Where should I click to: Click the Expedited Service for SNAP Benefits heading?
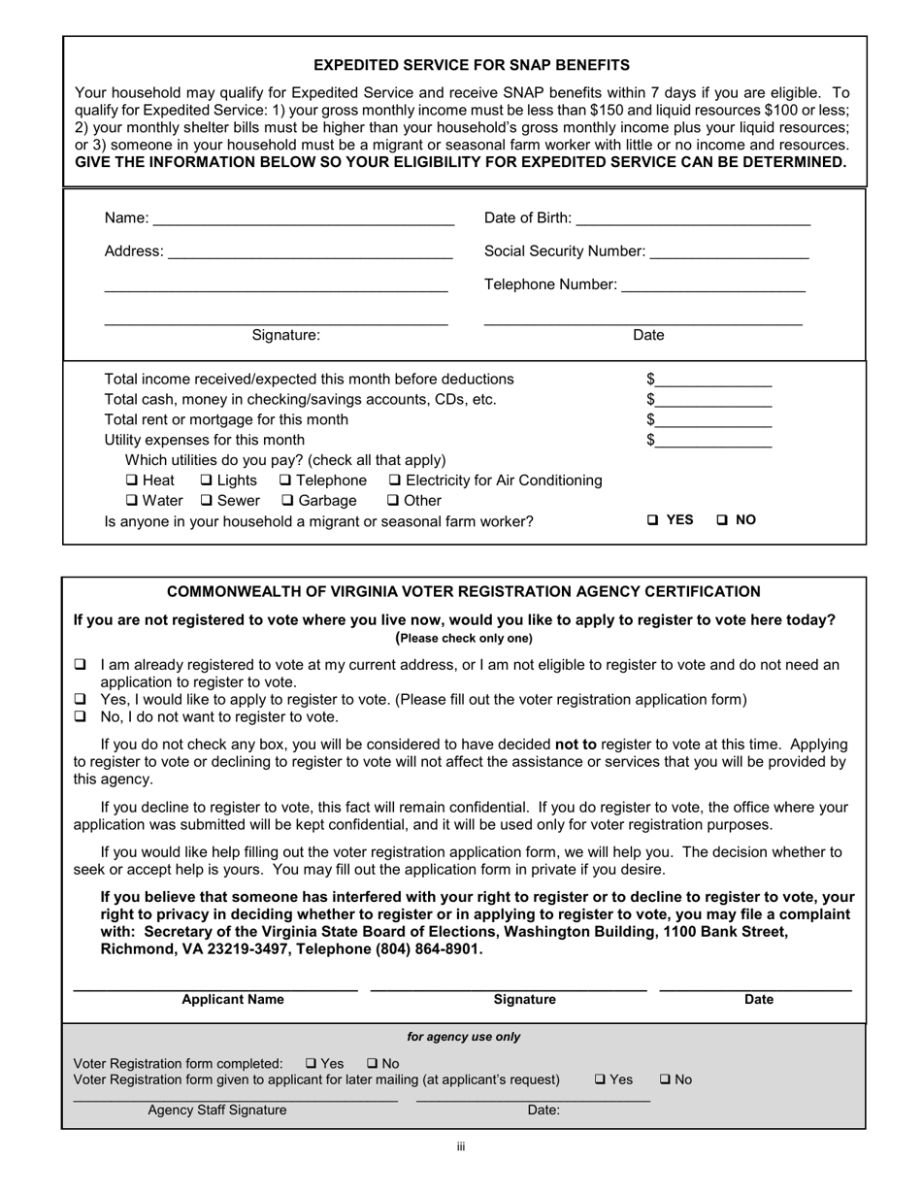click(472, 65)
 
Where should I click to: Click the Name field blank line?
click(303, 218)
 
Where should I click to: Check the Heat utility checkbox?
click(132, 481)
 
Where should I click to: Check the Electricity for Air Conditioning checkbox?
click(395, 481)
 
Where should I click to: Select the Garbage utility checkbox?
click(287, 501)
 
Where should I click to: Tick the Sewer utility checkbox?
click(207, 501)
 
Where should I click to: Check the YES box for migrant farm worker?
click(654, 520)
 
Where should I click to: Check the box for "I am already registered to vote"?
click(81, 665)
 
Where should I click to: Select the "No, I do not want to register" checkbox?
click(81, 717)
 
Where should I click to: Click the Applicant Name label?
click(233, 1000)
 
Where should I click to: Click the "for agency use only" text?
click(463, 1037)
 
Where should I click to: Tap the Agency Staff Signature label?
click(217, 1111)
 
